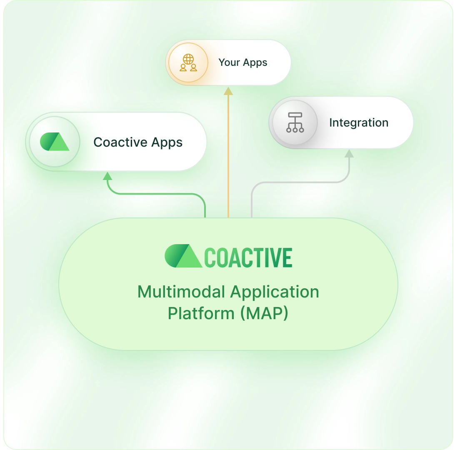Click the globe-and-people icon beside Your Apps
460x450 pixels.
point(188,62)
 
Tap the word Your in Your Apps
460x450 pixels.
point(229,62)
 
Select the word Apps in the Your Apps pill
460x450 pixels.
point(255,63)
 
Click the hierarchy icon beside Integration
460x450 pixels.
point(295,123)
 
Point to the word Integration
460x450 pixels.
point(358,123)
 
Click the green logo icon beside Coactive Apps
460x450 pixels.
point(55,142)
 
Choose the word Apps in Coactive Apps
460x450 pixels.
point(167,142)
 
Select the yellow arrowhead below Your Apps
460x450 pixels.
point(228,91)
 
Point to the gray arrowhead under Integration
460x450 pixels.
point(349,154)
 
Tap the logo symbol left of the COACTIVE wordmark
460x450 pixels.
point(183,256)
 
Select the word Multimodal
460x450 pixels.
point(182,292)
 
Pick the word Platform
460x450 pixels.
point(201,313)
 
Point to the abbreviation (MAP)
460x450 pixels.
point(264,313)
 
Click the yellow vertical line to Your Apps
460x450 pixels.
point(228,158)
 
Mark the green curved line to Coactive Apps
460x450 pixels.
point(158,194)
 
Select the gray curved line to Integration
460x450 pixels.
point(300,182)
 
